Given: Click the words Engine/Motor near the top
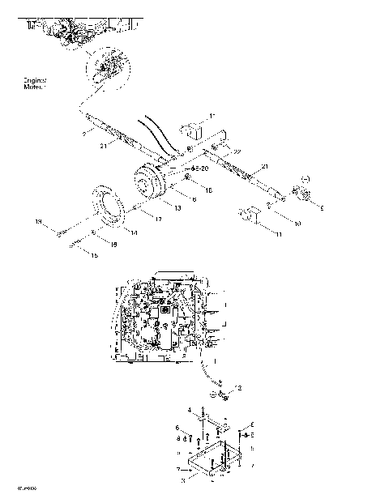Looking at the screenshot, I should pos(36,85).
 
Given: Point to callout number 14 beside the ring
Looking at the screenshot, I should pos(133,233).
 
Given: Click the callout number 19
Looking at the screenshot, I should pos(37,220).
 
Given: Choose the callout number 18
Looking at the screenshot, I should pos(113,243).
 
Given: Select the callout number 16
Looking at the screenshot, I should pos(208,190).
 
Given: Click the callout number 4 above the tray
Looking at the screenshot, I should pos(190,411).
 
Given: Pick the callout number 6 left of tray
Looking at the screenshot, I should pos(177,427).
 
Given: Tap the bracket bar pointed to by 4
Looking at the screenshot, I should pos(214,420).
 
